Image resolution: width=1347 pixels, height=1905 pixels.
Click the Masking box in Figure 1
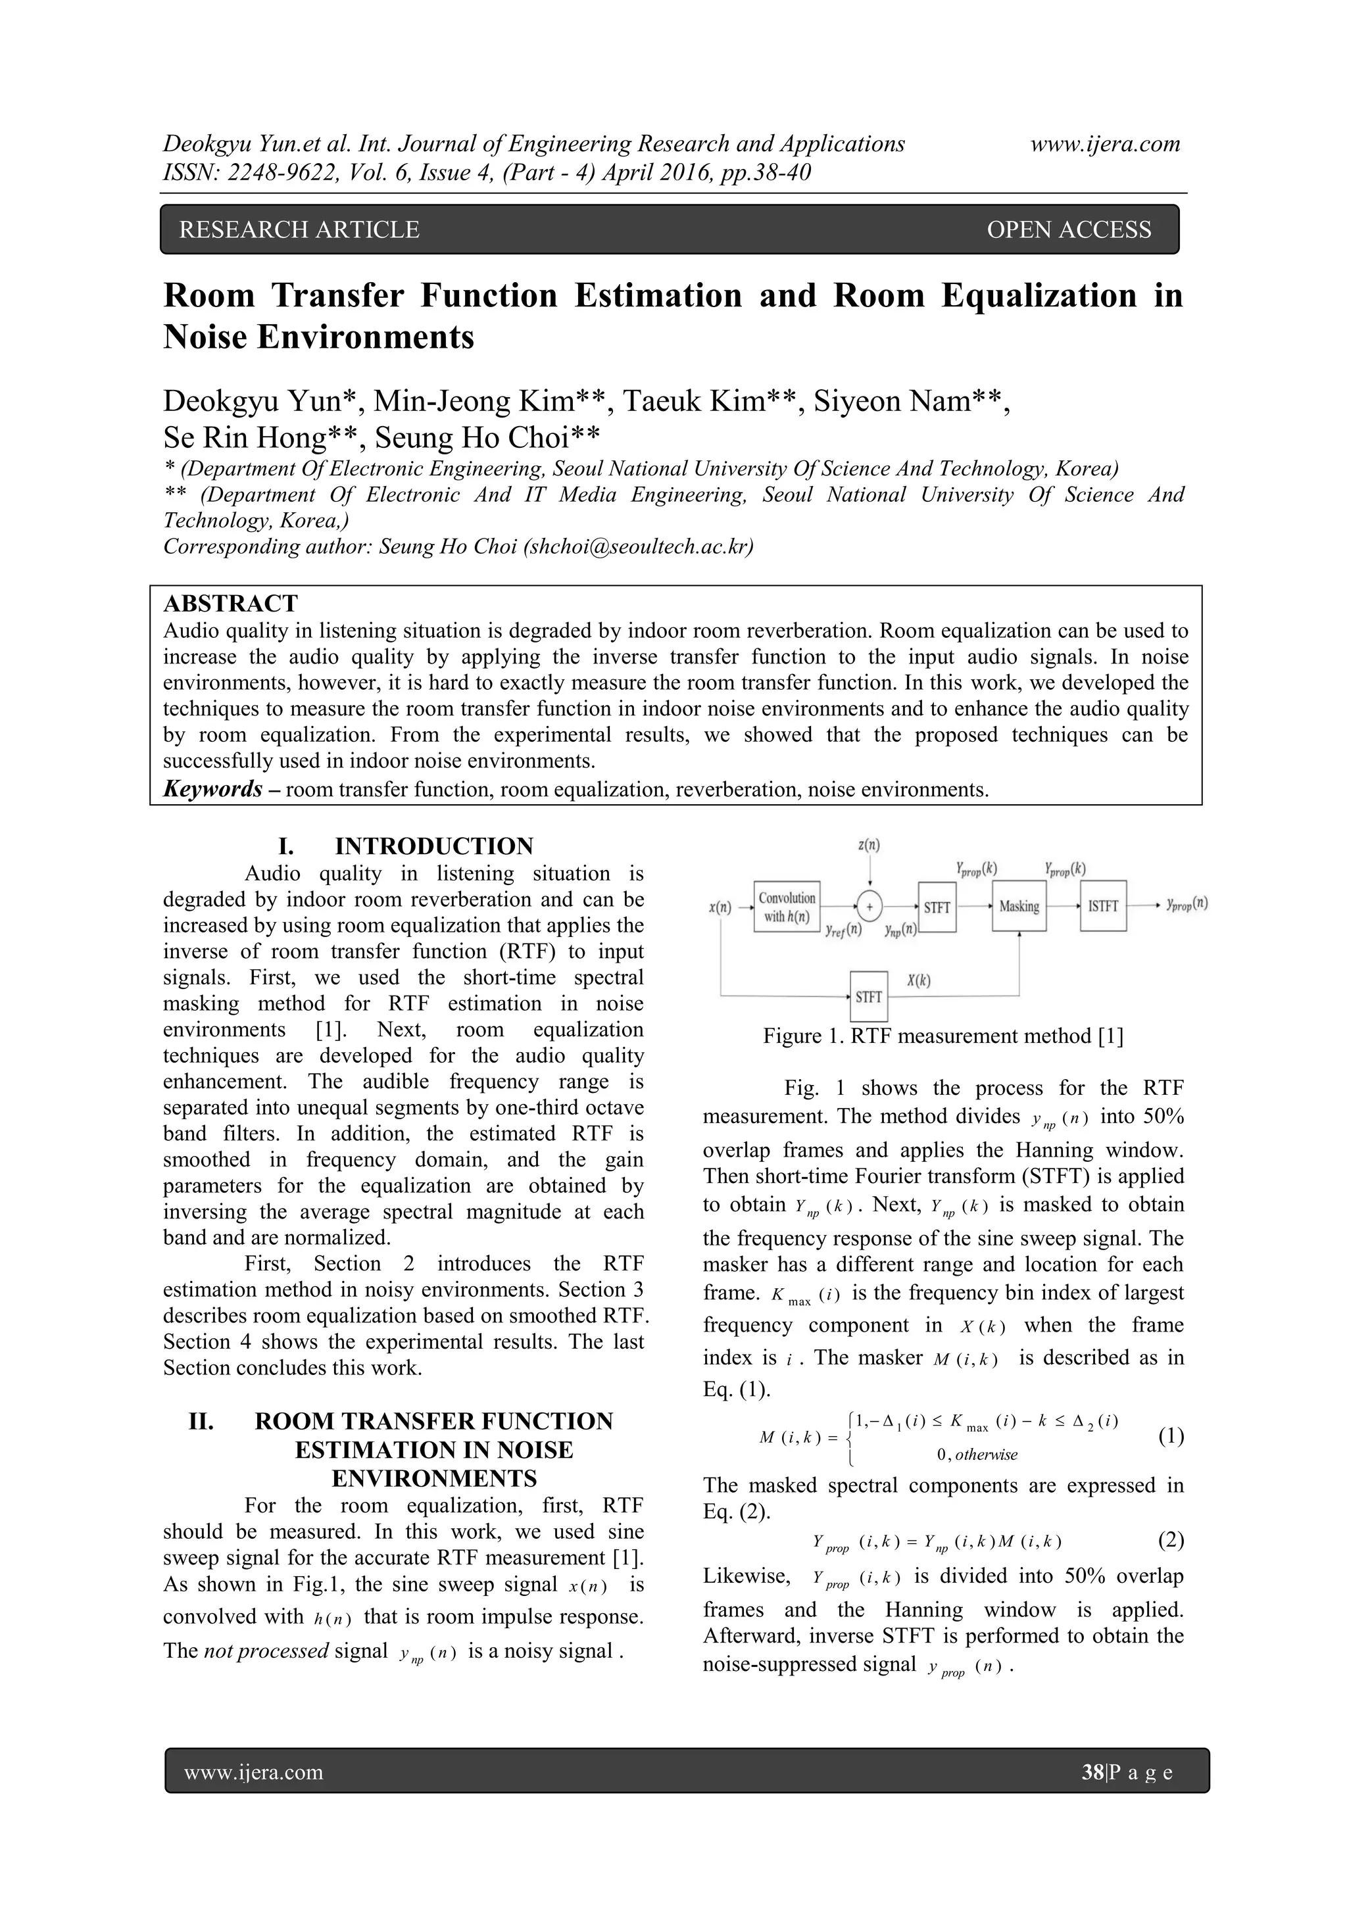[1019, 906]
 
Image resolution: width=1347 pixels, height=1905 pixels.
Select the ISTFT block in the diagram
[1103, 906]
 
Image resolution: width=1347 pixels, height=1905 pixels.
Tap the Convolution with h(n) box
[787, 907]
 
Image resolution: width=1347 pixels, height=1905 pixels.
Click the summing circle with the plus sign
[869, 907]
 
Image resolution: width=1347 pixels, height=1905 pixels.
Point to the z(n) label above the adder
[869, 846]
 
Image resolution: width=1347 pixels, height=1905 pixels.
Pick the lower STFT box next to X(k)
[868, 996]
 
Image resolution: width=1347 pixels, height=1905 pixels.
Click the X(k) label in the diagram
[918, 980]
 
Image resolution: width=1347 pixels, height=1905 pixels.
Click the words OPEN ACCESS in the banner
[1068, 230]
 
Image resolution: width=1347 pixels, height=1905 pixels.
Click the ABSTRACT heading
[230, 603]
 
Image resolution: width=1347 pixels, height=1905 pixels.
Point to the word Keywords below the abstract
[213, 789]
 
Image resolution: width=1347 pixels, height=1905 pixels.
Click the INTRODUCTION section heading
[433, 846]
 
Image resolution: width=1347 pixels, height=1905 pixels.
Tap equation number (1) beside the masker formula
[1170, 1435]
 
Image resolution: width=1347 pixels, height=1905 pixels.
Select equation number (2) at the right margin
[1170, 1541]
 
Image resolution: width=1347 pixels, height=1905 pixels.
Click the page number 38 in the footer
[1091, 1773]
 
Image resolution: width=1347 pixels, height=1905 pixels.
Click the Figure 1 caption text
[943, 1036]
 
